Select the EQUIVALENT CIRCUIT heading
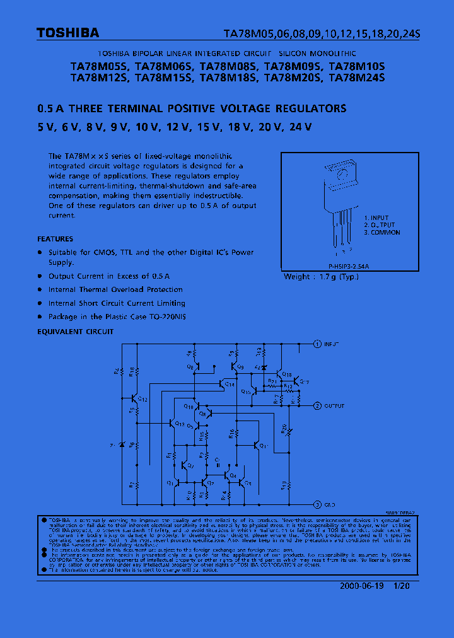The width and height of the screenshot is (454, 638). [76, 331]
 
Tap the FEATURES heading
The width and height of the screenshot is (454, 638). [55, 239]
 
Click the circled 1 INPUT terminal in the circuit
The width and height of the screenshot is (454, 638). [317, 344]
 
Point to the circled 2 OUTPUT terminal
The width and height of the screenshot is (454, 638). [317, 406]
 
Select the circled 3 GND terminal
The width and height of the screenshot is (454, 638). [317, 504]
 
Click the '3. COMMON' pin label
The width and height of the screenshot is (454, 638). [382, 233]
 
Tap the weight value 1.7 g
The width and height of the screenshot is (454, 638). [327, 277]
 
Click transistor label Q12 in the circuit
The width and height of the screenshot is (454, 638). [143, 400]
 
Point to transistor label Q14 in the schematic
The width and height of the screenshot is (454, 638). [230, 384]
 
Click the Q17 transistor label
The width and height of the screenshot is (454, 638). [305, 381]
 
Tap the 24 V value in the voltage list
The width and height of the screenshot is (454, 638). [300, 127]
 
